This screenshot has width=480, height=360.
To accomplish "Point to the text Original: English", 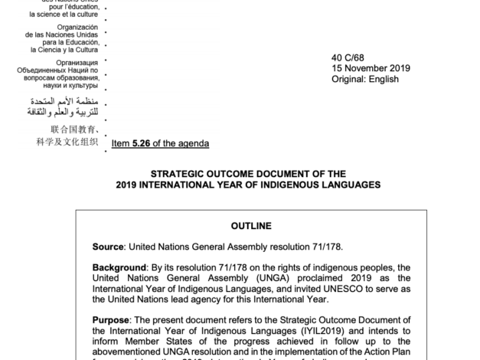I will (x=365, y=79).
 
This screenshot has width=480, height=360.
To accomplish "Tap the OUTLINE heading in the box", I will (x=252, y=226).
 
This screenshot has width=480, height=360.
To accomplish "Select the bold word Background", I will (x=122, y=267).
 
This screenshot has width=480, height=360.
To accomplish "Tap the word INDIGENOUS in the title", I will (x=291, y=185).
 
